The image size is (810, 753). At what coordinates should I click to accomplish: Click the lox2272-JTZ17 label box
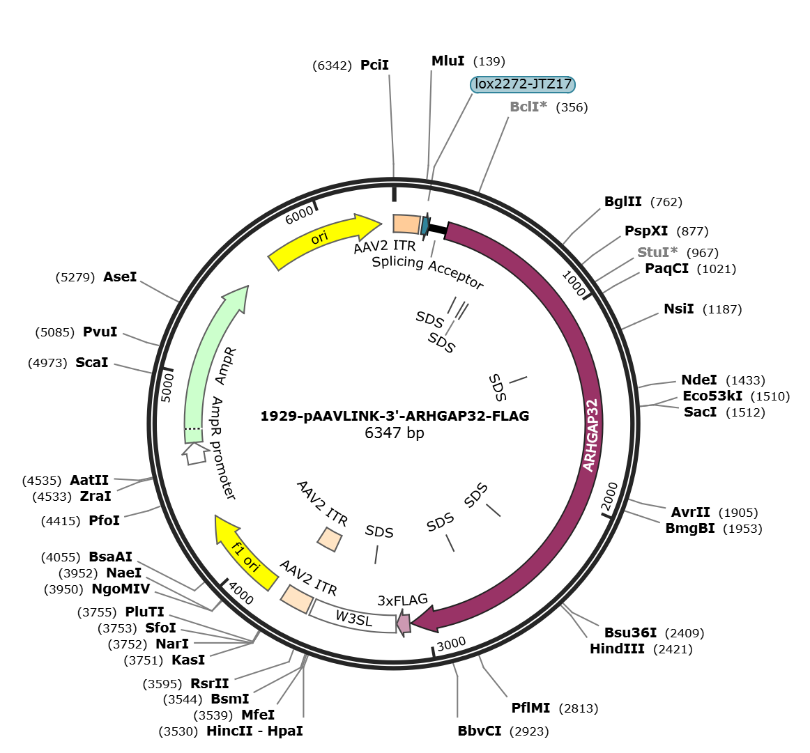[522, 84]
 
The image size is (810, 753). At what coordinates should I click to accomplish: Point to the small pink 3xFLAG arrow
[404, 623]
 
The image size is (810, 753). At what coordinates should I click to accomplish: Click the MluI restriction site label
[448, 61]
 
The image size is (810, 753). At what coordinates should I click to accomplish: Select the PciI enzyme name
[374, 65]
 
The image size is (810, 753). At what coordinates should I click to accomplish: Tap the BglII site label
[623, 202]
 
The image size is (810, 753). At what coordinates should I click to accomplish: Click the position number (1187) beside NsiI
[722, 309]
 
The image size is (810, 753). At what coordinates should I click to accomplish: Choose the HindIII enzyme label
[618, 649]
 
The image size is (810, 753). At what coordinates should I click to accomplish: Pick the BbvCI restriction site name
[480, 731]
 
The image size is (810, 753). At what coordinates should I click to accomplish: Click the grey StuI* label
[657, 252]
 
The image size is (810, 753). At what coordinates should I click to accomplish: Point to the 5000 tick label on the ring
[167, 387]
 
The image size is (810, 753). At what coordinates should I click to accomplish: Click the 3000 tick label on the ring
[452, 644]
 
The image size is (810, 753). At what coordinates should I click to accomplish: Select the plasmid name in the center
[395, 416]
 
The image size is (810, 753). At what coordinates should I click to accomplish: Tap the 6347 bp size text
[394, 433]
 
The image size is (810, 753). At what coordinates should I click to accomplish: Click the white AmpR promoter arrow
[194, 453]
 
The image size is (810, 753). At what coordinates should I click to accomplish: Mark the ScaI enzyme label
[92, 363]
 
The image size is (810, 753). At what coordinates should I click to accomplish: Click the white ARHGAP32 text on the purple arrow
[591, 435]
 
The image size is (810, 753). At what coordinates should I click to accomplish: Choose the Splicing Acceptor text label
[428, 272]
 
